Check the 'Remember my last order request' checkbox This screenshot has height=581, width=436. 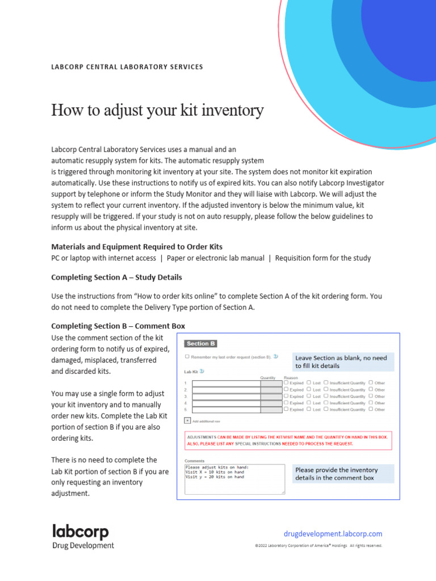(187, 357)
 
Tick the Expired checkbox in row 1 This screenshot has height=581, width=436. (286, 382)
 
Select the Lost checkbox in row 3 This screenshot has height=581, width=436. (309, 396)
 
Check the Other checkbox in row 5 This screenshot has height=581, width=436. (371, 409)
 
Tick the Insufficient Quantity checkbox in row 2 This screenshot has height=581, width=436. (326, 389)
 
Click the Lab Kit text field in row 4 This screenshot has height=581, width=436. (226, 403)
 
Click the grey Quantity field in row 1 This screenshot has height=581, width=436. (271, 384)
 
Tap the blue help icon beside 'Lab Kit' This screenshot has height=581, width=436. (202, 372)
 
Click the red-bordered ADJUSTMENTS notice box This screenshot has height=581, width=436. (288, 440)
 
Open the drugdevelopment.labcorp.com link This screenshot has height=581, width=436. (333, 534)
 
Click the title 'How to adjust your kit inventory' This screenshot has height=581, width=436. (157, 110)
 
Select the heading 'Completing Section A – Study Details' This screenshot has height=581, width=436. (116, 277)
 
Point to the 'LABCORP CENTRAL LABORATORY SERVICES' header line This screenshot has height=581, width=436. (127, 67)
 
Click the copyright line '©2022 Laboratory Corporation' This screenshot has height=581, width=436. (318, 546)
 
